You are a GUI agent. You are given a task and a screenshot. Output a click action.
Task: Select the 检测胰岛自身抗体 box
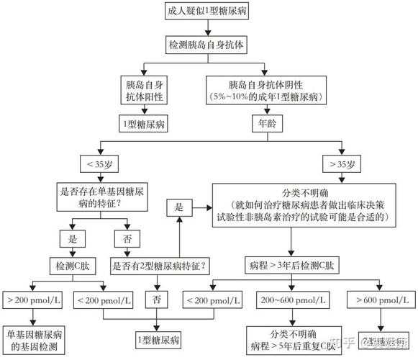207,44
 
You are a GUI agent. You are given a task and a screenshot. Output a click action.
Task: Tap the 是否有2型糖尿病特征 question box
159,266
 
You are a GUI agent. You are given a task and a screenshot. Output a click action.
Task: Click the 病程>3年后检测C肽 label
291,266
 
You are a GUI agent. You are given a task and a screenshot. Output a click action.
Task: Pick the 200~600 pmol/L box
291,299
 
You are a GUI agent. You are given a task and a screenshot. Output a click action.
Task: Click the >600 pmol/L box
380,299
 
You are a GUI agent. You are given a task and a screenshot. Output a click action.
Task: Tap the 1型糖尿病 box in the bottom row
160,338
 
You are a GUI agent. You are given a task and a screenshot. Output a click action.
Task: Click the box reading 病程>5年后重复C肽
290,341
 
